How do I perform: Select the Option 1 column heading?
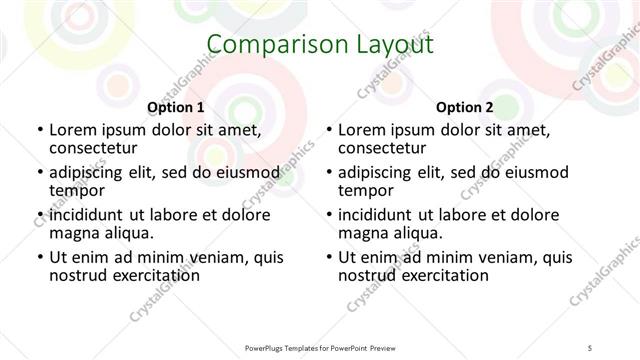pos(176,107)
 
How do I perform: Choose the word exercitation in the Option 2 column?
pos(445,275)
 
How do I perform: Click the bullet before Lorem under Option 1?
pos(38,130)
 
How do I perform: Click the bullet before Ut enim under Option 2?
pos(328,257)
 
